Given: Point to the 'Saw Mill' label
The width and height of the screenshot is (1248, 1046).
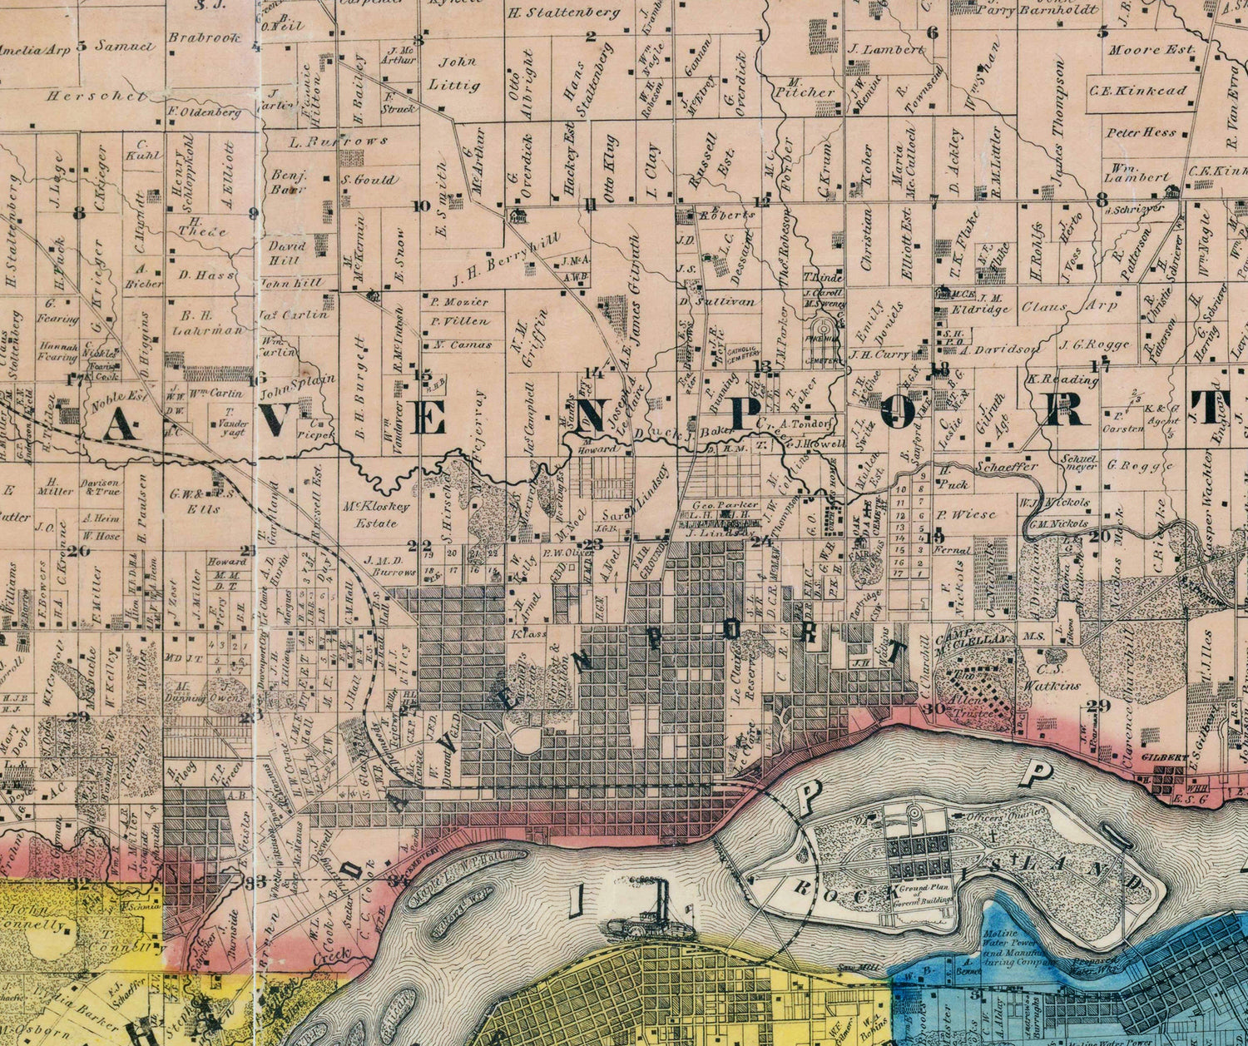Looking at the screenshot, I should (x=849, y=966).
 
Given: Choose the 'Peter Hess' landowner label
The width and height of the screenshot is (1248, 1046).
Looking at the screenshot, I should (x=1141, y=132).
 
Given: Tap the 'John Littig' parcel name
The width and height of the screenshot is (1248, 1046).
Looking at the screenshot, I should (x=458, y=72).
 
